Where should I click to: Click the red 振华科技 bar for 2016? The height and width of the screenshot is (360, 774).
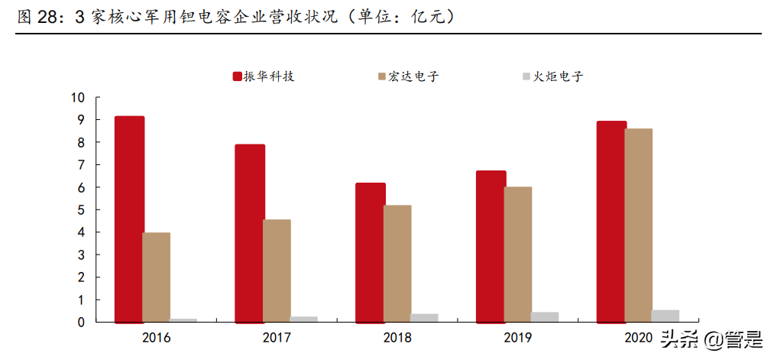(129, 219)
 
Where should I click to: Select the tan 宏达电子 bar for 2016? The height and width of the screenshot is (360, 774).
(156, 277)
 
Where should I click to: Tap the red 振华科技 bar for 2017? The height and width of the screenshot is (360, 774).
(250, 232)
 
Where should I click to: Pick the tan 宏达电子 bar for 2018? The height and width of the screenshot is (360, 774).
(397, 263)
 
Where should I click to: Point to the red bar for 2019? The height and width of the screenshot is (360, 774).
(491, 246)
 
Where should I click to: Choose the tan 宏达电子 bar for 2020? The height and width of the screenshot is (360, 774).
(638, 225)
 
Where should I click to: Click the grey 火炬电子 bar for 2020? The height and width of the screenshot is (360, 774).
(665, 316)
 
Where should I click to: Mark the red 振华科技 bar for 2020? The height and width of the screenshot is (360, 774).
(611, 221)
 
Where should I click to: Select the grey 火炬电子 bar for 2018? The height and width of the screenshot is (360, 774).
(424, 317)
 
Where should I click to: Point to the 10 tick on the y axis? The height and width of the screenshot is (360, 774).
(77, 98)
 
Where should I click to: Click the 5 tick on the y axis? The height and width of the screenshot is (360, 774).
(80, 210)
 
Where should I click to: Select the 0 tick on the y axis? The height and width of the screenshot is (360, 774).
(80, 323)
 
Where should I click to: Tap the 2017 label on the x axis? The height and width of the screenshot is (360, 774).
(277, 338)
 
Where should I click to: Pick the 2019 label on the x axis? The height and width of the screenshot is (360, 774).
(518, 338)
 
